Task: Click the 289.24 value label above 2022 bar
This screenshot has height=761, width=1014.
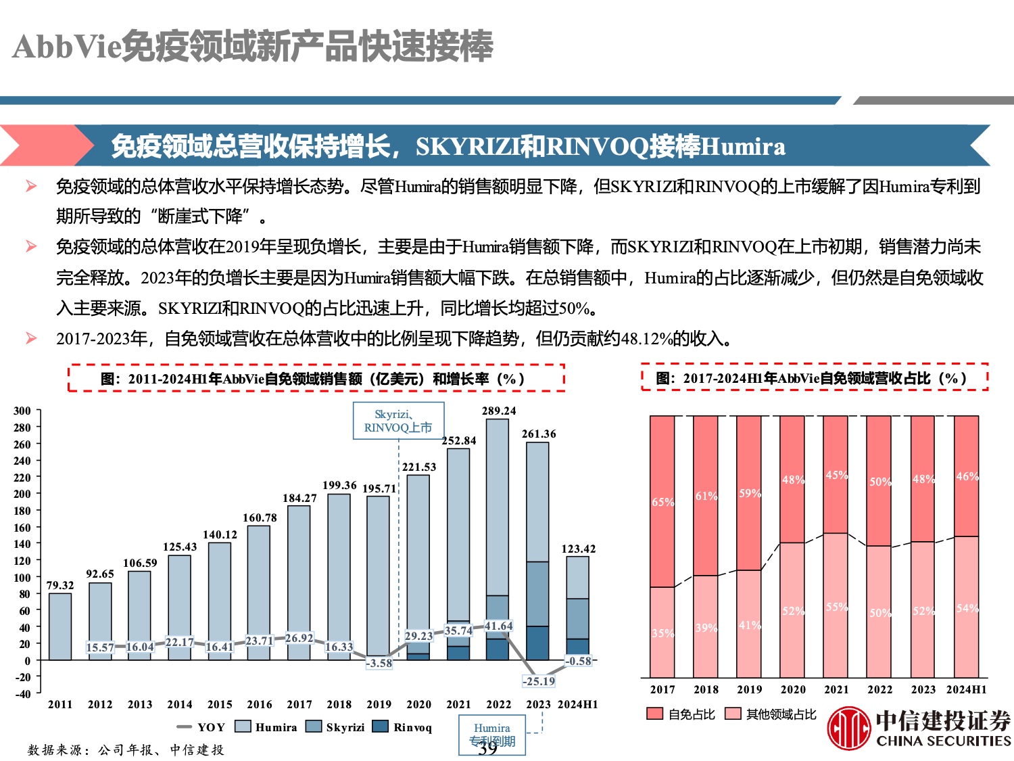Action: pyautogui.click(x=498, y=411)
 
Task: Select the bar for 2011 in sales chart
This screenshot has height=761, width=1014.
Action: pyautogui.click(x=60, y=626)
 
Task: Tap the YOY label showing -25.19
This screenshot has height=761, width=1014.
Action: pyautogui.click(x=539, y=681)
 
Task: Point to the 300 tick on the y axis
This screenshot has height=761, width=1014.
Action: pyautogui.click(x=22, y=411)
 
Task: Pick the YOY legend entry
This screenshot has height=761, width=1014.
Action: pyautogui.click(x=201, y=727)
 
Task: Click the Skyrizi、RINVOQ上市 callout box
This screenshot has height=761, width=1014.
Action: pyautogui.click(x=398, y=421)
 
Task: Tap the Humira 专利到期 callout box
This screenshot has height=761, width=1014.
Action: pyautogui.click(x=492, y=735)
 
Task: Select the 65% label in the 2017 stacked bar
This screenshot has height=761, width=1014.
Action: pyautogui.click(x=662, y=502)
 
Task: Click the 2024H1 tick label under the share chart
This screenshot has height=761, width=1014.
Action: pyautogui.click(x=966, y=689)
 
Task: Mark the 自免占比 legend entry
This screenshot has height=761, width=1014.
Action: pyautogui.click(x=681, y=714)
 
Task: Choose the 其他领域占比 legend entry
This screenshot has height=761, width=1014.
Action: pyautogui.click(x=771, y=714)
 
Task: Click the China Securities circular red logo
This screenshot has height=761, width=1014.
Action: pyautogui.click(x=849, y=729)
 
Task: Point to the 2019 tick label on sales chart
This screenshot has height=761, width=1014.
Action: pyautogui.click(x=379, y=704)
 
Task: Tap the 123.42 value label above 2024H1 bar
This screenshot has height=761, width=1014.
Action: pyautogui.click(x=578, y=549)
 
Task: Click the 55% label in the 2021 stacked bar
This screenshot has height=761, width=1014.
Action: pyautogui.click(x=836, y=607)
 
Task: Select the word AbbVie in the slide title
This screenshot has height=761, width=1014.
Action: pyautogui.click(x=66, y=47)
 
